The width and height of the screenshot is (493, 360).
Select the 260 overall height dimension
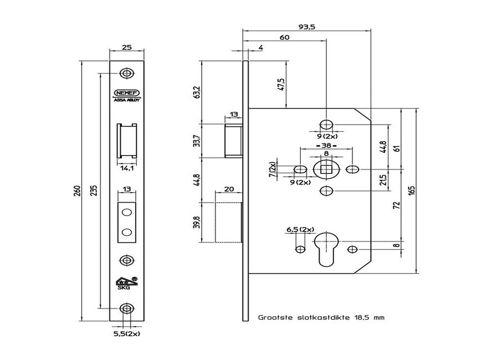[78, 190]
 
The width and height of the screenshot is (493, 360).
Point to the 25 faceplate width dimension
[127, 48]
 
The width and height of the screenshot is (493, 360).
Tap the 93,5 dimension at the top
[306, 26]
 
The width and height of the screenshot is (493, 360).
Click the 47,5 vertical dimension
[281, 84]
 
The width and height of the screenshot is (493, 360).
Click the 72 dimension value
[397, 206]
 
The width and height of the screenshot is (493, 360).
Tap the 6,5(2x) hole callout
[300, 229]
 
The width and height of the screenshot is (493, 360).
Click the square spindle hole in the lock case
[326, 168]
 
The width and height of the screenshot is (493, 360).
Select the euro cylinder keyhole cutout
[326, 248]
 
